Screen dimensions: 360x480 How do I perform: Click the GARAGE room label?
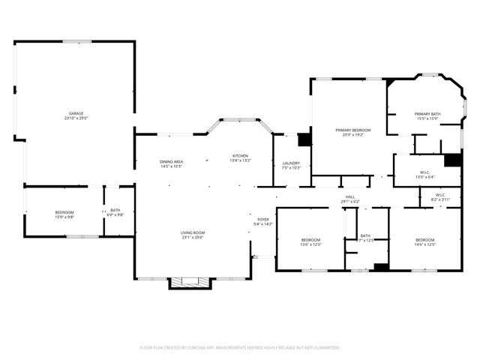point(76,113)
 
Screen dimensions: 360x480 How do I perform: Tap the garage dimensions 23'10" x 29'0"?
point(76,118)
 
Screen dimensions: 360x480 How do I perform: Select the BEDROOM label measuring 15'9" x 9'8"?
point(64,212)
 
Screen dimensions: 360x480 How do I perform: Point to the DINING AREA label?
point(172,161)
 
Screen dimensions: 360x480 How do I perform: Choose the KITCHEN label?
point(240,155)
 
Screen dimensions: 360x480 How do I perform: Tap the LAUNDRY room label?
point(291,163)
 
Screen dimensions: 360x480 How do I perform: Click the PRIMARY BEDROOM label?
point(352,130)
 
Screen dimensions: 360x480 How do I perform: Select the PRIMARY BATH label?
point(427,113)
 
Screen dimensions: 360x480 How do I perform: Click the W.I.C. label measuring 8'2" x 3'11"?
point(440,195)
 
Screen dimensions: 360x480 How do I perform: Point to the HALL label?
point(350,196)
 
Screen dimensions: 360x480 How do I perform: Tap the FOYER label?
point(263,219)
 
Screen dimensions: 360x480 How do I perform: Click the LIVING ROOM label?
point(192,232)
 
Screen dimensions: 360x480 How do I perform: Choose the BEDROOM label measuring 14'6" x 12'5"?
point(425,239)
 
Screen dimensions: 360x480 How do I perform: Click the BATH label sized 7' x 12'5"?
point(365,235)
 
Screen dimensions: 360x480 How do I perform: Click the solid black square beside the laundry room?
point(304,139)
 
